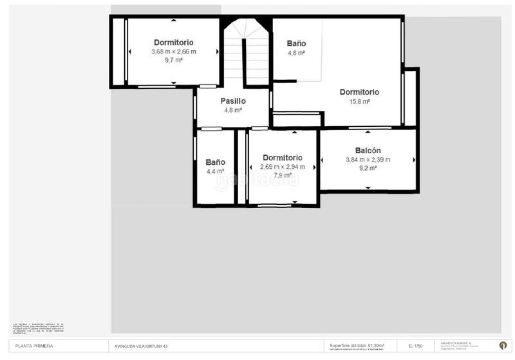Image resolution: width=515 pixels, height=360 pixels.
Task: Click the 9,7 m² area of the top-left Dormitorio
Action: [x=174, y=60]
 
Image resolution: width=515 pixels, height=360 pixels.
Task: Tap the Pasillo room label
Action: [x=233, y=101]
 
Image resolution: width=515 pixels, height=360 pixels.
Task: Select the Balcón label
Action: [x=368, y=151]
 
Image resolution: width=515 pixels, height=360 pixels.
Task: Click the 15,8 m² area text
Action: [x=359, y=101]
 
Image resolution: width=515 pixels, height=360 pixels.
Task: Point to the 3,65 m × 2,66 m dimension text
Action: [x=174, y=52]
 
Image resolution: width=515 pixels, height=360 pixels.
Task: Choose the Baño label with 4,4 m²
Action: [x=215, y=162]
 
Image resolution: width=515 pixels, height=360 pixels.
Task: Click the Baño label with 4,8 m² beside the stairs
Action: [x=296, y=44]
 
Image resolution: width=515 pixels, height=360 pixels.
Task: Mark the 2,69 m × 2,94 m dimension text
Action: [x=283, y=167]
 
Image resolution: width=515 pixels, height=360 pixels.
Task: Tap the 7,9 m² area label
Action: [x=283, y=175]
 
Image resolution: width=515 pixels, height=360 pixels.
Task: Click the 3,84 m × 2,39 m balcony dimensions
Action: [x=368, y=160]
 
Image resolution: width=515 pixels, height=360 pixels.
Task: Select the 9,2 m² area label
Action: [x=368, y=168]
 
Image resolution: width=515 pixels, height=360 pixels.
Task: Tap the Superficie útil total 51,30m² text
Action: [x=357, y=345]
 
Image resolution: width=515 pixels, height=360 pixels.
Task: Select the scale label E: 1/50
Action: [x=417, y=346]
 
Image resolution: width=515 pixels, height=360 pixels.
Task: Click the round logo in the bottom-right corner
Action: [x=503, y=345]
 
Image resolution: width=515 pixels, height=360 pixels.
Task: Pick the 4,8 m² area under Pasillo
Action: [x=233, y=110]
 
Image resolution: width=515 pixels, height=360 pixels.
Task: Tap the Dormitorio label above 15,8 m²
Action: [x=359, y=92]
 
